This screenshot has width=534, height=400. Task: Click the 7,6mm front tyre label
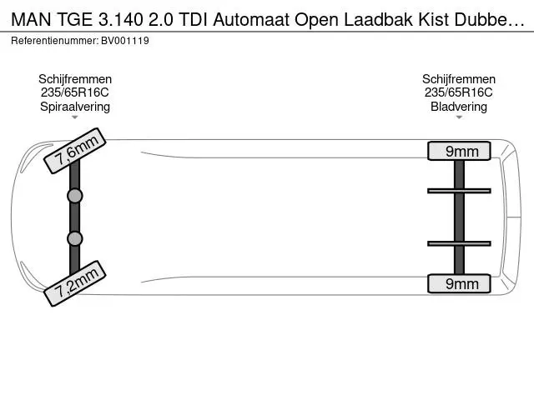point(75,151)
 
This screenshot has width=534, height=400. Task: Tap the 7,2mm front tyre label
point(75,283)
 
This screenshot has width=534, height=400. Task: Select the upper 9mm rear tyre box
point(459,151)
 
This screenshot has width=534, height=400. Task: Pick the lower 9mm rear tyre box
point(459,283)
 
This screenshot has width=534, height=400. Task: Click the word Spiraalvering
point(75,107)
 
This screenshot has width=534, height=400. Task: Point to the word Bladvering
point(459,107)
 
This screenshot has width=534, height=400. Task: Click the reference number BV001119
point(125,41)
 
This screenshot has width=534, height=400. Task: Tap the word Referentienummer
point(54,41)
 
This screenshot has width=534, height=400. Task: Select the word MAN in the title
point(31,20)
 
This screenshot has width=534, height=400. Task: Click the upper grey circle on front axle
point(75,196)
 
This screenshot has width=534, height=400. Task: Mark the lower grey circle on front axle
point(75,239)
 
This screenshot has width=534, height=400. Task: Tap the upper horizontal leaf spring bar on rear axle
point(459,191)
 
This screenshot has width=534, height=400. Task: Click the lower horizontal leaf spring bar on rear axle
point(459,243)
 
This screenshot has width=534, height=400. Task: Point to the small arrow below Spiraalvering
point(75,117)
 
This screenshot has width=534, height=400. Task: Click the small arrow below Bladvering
point(459,117)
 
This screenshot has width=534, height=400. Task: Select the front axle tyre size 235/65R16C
point(75,92)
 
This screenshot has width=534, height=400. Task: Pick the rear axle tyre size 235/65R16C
point(459,92)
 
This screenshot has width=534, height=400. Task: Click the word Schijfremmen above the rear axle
point(459,79)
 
